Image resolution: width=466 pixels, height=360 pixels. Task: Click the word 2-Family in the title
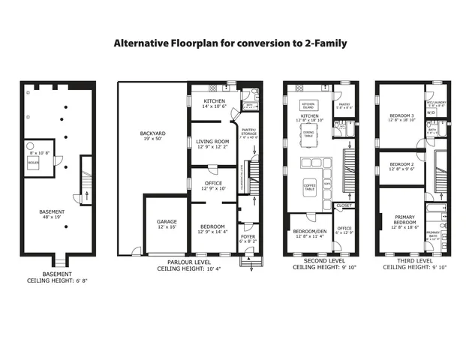320,43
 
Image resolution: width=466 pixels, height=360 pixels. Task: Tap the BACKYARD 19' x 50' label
152,136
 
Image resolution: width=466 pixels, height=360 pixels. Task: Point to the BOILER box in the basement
34,162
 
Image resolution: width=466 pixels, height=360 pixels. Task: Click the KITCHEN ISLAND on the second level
308,106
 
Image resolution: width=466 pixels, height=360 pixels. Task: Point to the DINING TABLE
308,133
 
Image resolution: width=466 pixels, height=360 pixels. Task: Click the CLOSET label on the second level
344,205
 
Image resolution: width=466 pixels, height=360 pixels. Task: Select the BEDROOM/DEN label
308,234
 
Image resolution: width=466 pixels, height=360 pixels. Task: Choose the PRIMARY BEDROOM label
404,221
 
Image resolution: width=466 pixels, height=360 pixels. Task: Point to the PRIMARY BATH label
434,235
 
